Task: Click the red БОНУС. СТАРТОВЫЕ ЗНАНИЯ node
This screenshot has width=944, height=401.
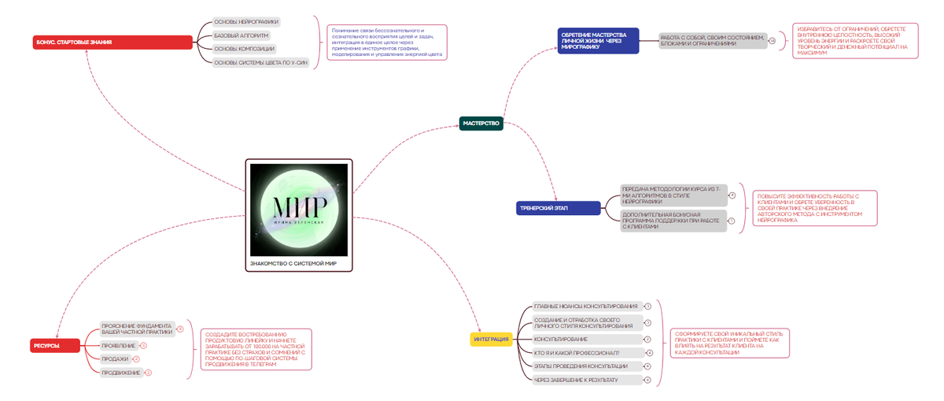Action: pyautogui.click(x=112, y=42)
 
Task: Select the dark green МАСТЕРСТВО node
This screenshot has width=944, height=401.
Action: pyautogui.click(x=481, y=123)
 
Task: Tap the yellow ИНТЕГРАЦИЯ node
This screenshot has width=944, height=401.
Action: pyautogui.click(x=493, y=340)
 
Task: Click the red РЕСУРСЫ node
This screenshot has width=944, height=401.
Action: pyautogui.click(x=56, y=345)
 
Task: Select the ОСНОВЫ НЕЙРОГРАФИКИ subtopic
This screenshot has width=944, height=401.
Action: pyautogui.click(x=246, y=22)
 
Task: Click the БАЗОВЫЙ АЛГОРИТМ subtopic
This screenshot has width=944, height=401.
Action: pyautogui.click(x=241, y=35)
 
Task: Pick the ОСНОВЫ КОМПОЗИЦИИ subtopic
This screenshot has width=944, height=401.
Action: pyautogui.click(x=244, y=49)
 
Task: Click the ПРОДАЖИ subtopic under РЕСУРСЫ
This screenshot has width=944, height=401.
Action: pyautogui.click(x=115, y=358)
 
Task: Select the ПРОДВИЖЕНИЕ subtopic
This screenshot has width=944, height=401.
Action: pyautogui.click(x=121, y=372)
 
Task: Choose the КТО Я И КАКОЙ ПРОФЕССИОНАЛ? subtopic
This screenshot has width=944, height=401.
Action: pyautogui.click(x=577, y=352)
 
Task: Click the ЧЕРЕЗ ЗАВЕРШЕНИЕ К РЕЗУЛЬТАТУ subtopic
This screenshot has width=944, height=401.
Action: pyautogui.click(x=576, y=380)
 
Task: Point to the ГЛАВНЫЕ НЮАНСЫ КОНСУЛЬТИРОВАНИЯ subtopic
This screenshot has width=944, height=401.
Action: pyautogui.click(x=585, y=306)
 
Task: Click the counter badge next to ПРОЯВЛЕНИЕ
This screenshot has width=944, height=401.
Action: pyautogui.click(x=144, y=346)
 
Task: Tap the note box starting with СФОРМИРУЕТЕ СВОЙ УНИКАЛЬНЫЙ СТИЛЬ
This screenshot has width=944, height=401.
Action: pyautogui.click(x=731, y=343)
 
